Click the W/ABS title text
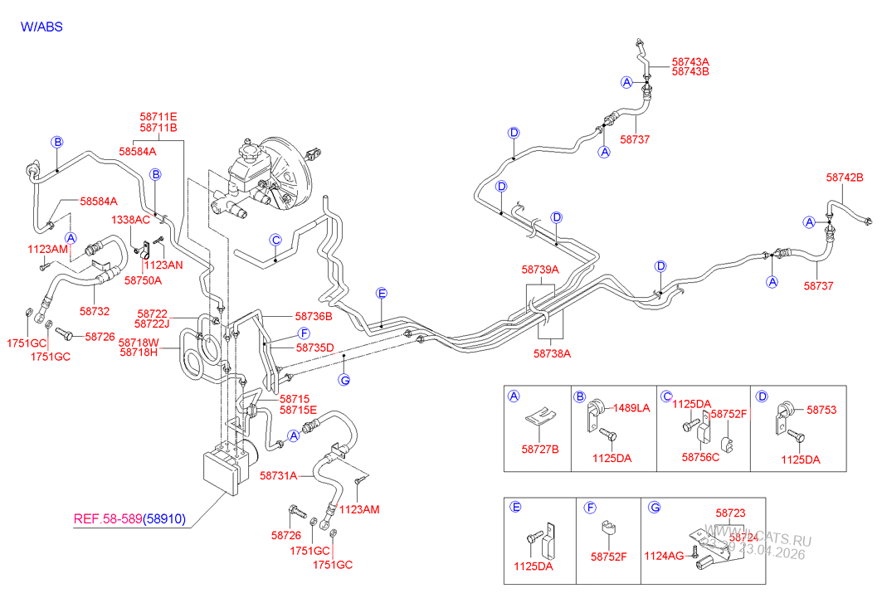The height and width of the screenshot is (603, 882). [x=41, y=27]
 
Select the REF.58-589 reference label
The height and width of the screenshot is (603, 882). [x=108, y=520]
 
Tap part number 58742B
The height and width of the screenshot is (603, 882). [x=845, y=177]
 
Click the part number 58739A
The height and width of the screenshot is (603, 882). [x=540, y=270]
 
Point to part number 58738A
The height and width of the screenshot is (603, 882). [x=552, y=352]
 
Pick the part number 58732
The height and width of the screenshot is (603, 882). [x=95, y=311]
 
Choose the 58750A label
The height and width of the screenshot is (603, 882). [x=143, y=281]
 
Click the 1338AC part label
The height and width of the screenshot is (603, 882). [x=131, y=220]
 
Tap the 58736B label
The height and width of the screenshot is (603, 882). [x=314, y=316]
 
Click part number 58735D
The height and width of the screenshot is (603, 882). [x=314, y=347]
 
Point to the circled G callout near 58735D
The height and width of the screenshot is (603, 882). [x=344, y=380]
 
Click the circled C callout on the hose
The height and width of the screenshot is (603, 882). [x=275, y=240]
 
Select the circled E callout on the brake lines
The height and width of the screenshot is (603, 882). [x=382, y=293]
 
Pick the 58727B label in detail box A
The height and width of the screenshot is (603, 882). [x=540, y=450]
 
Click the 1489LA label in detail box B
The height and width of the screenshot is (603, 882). [x=631, y=407]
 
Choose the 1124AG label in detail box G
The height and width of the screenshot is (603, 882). [x=665, y=557]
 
